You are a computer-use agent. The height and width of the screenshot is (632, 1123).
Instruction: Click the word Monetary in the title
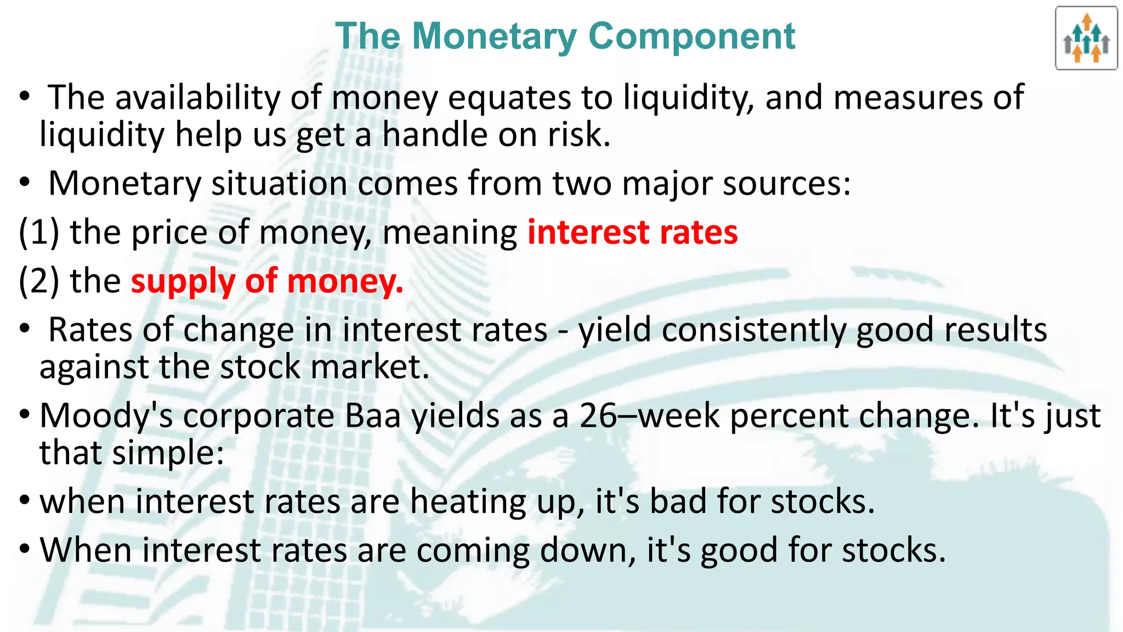click(494, 36)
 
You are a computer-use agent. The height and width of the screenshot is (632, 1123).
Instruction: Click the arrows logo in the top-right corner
click(1086, 38)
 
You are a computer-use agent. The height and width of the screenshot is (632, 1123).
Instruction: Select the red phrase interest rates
click(632, 232)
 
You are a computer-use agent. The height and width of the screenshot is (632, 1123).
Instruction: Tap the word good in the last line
click(738, 550)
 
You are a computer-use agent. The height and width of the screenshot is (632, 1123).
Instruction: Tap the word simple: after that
click(168, 453)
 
